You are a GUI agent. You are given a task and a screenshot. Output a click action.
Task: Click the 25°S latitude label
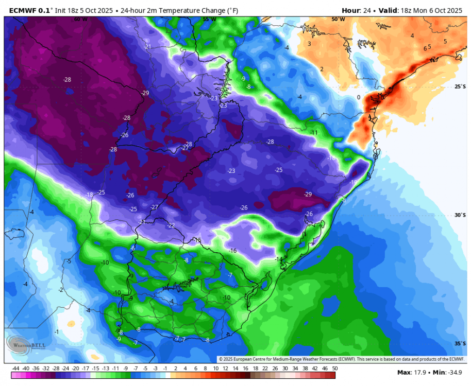coord(460,87)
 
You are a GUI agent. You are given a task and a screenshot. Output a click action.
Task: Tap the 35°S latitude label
coord(460,343)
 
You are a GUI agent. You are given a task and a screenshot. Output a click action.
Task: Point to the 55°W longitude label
coord(209,19)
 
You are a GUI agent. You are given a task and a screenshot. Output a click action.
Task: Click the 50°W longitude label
coord(339,19)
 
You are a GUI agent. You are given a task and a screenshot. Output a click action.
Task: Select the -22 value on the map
coord(171,225)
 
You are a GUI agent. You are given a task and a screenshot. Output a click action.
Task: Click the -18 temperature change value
coord(89,195)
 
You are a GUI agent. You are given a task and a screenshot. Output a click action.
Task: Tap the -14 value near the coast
coord(278,259)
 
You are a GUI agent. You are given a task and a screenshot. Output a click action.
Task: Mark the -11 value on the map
coord(314,133)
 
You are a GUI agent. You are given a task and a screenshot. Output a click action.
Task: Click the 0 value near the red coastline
coord(359,97)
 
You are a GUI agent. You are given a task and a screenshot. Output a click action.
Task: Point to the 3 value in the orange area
coord(309,44)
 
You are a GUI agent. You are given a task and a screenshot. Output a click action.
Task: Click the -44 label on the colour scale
coord(15,369)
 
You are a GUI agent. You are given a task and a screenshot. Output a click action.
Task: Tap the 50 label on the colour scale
coord(335,369)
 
